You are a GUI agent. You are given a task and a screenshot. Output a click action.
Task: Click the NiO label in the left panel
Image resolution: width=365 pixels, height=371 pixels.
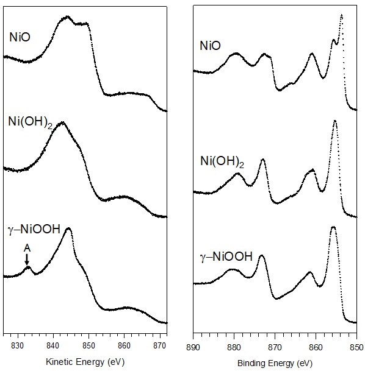pyautogui.click(x=20, y=38)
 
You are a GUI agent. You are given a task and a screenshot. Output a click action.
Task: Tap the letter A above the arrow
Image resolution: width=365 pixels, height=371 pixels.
pyautogui.click(x=26, y=247)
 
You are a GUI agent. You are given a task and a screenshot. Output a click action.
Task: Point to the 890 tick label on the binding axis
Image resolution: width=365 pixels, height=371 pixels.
pyautogui.click(x=193, y=345)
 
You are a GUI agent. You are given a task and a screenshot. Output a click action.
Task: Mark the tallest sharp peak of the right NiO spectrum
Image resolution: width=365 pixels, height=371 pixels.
pyautogui.click(x=341, y=15)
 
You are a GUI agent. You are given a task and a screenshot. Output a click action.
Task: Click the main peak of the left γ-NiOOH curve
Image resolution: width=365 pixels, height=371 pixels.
pyautogui.click(x=68, y=228)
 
